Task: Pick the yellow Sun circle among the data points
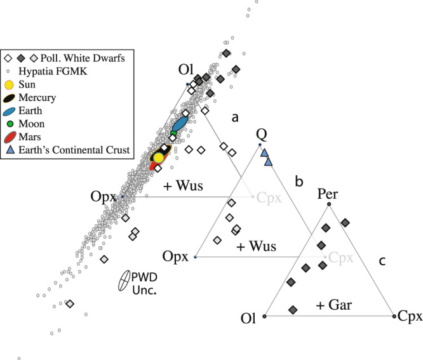(x=159, y=157)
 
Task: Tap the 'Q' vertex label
(x=260, y=135)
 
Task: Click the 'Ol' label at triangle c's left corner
(x=251, y=316)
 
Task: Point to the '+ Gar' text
(x=334, y=306)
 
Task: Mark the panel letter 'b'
(x=299, y=182)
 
